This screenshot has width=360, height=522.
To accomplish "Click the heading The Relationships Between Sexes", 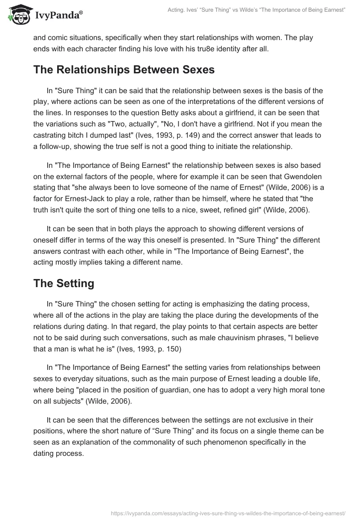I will click(124, 70).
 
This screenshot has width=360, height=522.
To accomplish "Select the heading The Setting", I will click(63, 283).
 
